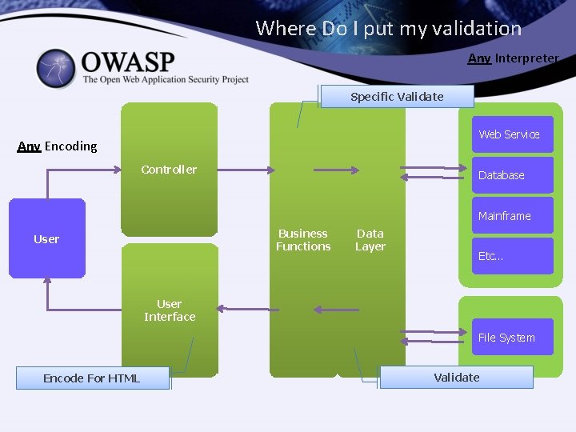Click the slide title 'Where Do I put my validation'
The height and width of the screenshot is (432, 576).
tap(388, 29)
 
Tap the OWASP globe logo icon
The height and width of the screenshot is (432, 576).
tap(56, 69)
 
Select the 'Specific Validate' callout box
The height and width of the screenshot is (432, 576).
tap(397, 97)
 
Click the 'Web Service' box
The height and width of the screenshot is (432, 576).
tap(510, 134)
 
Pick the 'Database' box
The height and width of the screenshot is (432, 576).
tap(510, 175)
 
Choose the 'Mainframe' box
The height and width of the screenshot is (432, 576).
tap(510, 216)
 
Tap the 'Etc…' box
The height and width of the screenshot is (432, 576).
tap(510, 256)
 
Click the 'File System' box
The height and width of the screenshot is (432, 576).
tap(510, 338)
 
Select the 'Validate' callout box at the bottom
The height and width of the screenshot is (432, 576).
tap(456, 378)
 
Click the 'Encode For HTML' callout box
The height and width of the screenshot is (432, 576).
tap(92, 378)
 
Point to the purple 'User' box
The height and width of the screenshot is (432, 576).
tap(46, 238)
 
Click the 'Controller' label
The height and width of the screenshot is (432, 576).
tap(169, 170)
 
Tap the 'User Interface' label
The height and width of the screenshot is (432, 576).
tap(170, 310)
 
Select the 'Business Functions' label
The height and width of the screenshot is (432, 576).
tap(303, 240)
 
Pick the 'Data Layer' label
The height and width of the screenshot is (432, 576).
tap(370, 240)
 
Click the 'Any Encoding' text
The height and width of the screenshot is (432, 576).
tap(58, 146)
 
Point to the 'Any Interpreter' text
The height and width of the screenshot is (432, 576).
tap(513, 58)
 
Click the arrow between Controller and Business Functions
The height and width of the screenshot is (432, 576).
tap(249, 170)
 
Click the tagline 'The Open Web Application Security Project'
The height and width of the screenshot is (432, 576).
tap(166, 80)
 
